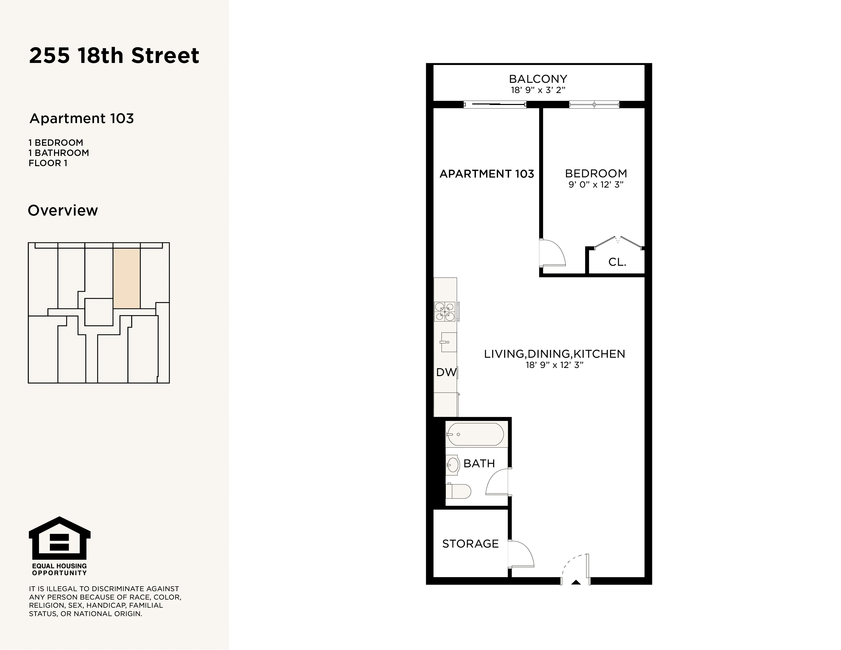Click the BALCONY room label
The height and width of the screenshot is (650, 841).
538,79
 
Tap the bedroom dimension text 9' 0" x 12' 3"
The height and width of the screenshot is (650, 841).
596,184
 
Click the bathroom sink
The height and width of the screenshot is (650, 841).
453,465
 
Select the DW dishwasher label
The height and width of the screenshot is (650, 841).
446,372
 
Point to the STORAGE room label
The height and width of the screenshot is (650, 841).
470,544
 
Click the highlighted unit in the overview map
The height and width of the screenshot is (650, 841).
126,278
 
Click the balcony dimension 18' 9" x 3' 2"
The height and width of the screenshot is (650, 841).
538,90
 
